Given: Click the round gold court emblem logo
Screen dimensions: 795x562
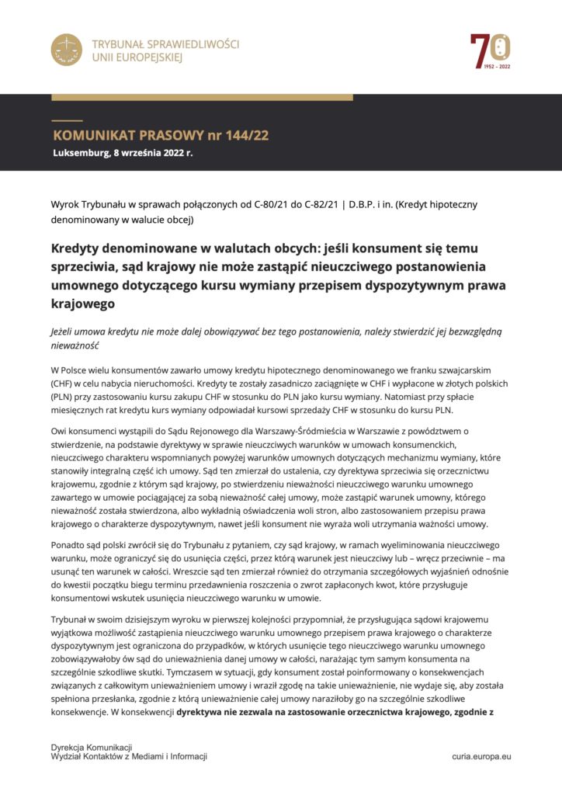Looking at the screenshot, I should pos(67,50).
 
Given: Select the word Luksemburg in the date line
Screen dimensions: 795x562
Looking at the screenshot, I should pos(81,152).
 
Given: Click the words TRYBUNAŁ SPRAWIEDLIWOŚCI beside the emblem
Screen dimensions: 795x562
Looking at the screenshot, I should pos(165,44).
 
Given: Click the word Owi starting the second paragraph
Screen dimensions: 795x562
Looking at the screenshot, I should pos(60,430).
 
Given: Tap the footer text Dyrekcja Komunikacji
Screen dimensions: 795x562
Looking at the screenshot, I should pos(91,747).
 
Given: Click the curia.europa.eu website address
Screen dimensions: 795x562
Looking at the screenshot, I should pos(481,755).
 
